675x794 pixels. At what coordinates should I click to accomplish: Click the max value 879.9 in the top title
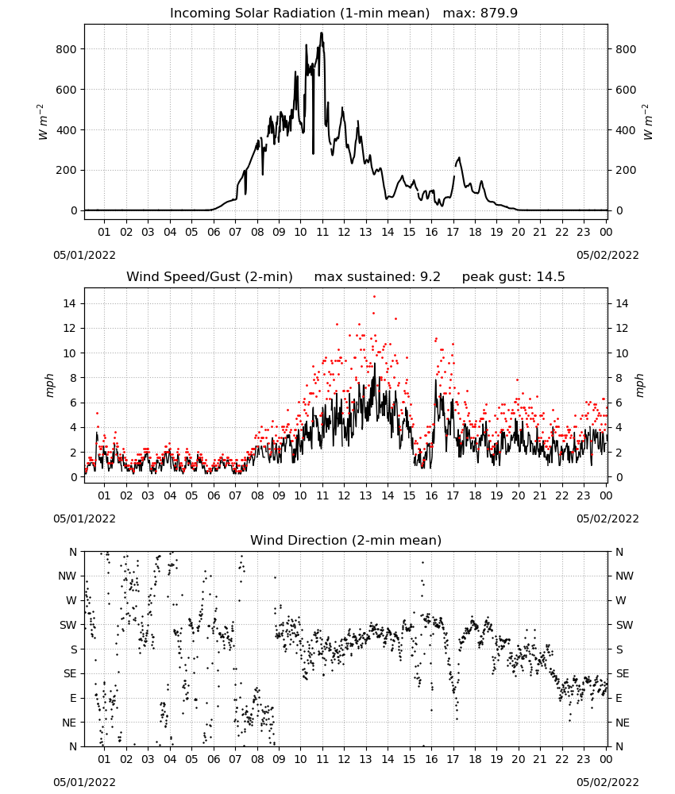click(499, 13)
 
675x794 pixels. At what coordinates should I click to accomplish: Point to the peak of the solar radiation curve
click(322, 33)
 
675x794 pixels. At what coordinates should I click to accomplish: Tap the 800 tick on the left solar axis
click(67, 49)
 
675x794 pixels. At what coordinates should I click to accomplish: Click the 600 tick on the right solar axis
click(626, 90)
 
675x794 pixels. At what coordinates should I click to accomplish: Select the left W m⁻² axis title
click(43, 121)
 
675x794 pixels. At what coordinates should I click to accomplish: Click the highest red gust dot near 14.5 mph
click(374, 297)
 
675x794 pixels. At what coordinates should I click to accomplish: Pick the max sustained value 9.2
click(430, 276)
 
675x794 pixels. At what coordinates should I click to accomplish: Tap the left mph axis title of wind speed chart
click(49, 385)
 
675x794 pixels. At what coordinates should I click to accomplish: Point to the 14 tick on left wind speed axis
click(70, 303)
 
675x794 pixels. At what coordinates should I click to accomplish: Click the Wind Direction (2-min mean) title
click(346, 540)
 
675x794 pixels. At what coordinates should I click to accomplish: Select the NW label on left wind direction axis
click(67, 576)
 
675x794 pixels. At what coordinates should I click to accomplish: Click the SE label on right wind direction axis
click(623, 673)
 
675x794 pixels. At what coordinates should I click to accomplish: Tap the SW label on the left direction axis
click(68, 625)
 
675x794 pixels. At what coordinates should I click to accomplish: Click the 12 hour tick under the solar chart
click(344, 232)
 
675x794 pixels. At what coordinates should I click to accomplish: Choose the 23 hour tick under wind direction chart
click(584, 758)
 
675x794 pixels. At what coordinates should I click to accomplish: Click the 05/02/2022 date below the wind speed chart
click(607, 518)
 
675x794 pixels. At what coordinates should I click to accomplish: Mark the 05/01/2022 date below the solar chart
click(84, 255)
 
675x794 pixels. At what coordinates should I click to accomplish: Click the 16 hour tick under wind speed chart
click(431, 495)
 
